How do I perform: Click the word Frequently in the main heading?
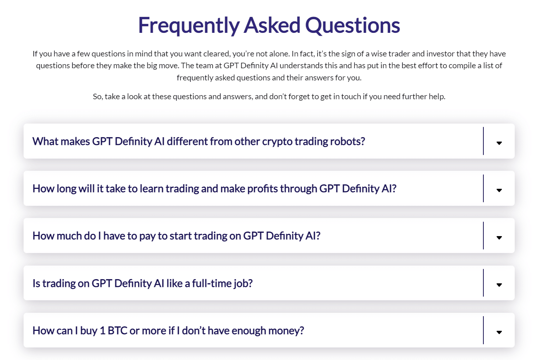click(x=188, y=25)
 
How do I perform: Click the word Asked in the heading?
click(x=272, y=25)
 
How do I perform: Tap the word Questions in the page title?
click(x=352, y=25)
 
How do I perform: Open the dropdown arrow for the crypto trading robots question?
click(x=499, y=143)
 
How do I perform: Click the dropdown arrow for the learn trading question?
click(x=499, y=190)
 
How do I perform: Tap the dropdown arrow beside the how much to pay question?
click(x=499, y=238)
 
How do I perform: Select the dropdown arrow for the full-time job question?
click(x=499, y=285)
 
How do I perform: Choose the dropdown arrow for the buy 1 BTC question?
click(x=499, y=332)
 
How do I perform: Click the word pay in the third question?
click(x=147, y=236)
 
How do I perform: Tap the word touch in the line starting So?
click(x=351, y=97)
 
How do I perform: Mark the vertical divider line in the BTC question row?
click(x=483, y=330)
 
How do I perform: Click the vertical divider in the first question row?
click(x=483, y=141)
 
